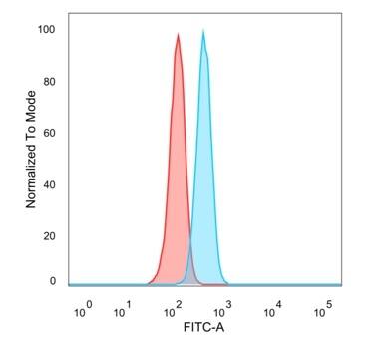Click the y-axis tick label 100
tap(47, 30)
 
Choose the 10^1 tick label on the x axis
tap(123, 312)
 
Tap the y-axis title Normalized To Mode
tap(31, 149)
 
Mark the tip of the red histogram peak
tap(178, 34)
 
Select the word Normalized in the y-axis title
tap(31, 173)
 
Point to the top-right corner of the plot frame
tap(341, 13)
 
